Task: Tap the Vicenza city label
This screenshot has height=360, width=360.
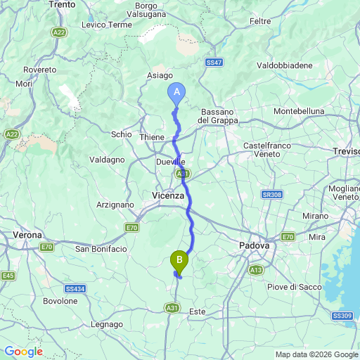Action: tap(168, 195)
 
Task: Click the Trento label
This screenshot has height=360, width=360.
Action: tap(63, 4)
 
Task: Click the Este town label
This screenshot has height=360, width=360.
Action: tap(198, 310)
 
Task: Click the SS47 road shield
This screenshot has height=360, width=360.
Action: tap(214, 63)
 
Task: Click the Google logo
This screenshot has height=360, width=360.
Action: tap(23, 352)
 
